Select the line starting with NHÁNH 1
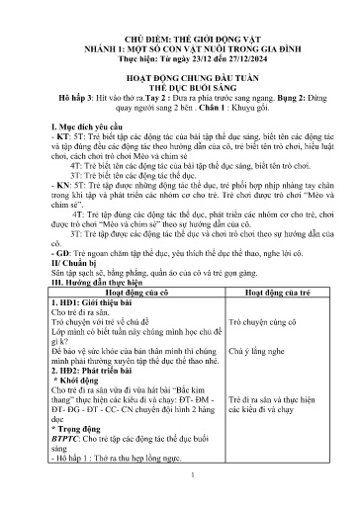[x=180, y=32]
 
